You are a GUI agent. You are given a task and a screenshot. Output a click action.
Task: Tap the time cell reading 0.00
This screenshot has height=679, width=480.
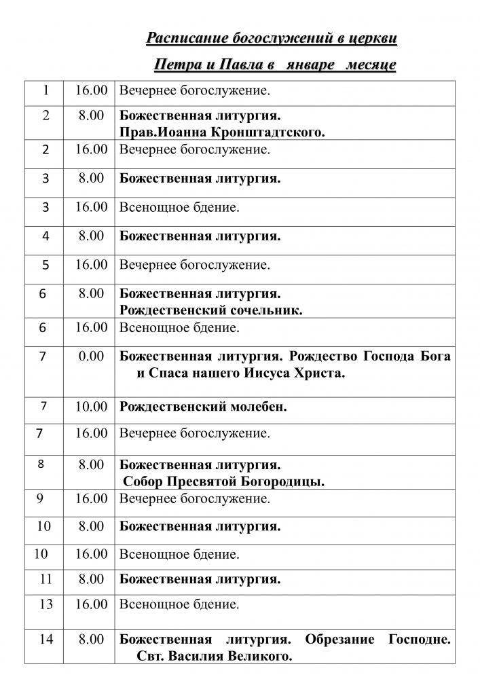tap(91, 356)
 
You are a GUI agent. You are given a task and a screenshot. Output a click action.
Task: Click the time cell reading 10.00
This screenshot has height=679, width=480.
tap(91, 407)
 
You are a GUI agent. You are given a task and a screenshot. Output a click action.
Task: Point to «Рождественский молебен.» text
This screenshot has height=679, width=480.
tap(203, 407)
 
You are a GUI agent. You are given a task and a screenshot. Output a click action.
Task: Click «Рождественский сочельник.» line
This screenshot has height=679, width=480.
tap(211, 310)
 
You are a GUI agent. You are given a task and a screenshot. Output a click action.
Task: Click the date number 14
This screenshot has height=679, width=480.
tap(45, 640)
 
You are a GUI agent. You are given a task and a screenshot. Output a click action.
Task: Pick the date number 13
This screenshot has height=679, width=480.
tap(45, 604)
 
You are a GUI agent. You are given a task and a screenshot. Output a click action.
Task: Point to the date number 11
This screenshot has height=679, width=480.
tap(45, 579)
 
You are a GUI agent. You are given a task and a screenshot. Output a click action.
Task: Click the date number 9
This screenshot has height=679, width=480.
tap(41, 499)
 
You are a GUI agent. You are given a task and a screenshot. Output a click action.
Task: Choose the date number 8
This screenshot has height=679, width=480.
tap(41, 465)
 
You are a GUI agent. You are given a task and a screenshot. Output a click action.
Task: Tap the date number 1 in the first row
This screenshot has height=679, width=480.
tap(45, 90)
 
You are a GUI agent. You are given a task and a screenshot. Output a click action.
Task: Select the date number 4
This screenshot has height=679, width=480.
tap(45, 236)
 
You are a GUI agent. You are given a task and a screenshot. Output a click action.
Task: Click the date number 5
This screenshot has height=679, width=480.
tap(45, 265)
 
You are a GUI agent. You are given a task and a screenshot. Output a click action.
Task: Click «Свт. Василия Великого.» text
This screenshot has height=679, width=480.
tap(214, 657)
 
